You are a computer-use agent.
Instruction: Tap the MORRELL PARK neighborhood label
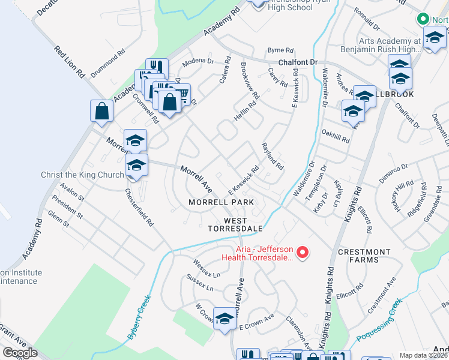point(221,202)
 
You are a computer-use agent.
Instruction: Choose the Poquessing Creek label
point(379,326)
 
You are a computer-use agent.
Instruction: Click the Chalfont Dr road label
point(297,62)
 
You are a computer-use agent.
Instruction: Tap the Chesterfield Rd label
point(139,208)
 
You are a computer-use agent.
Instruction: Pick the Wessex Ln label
point(206,268)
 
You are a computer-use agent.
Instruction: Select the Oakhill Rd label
point(335,136)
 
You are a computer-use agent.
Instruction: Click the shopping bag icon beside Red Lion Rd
point(102,111)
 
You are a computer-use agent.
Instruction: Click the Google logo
point(20,353)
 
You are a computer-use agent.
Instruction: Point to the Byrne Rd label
point(280,50)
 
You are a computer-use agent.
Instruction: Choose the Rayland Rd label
point(272,155)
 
